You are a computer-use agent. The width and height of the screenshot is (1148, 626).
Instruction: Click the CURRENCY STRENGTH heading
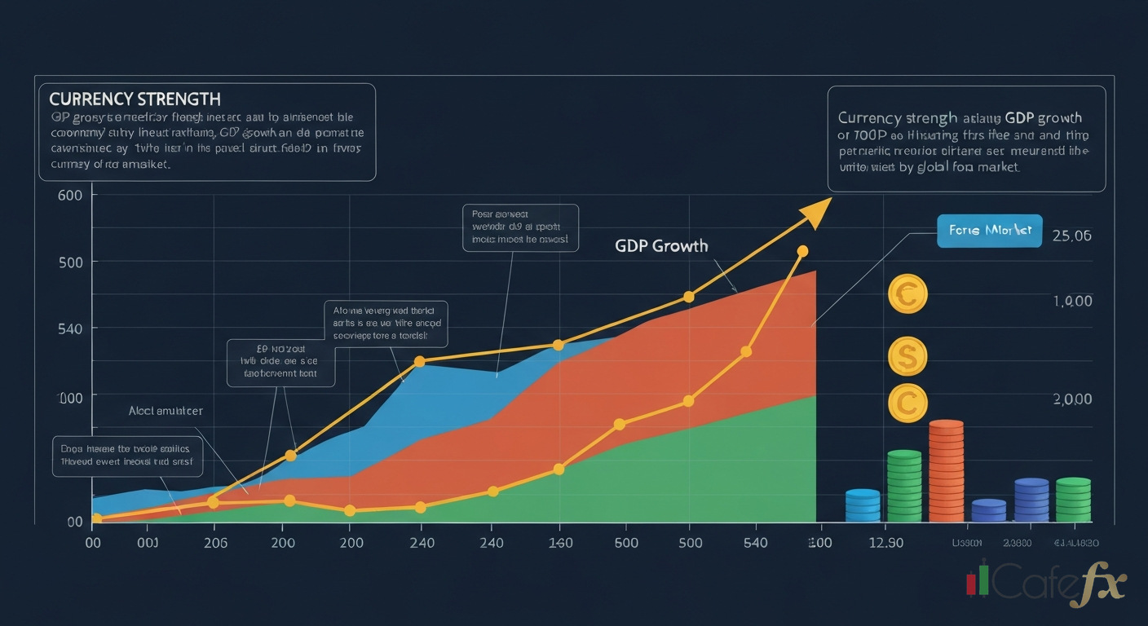point(135,99)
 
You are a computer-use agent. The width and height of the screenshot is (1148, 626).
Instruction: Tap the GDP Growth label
point(661,245)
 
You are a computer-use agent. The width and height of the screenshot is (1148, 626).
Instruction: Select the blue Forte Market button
point(990,231)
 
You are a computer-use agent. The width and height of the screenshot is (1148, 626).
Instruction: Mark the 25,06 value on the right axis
point(1071,236)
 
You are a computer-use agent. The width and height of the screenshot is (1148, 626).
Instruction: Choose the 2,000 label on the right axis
point(1071,399)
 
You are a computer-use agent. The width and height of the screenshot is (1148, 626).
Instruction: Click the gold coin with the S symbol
point(907,355)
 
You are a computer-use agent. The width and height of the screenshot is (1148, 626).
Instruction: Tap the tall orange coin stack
point(946,471)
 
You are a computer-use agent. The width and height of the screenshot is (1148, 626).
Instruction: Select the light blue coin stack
point(863,505)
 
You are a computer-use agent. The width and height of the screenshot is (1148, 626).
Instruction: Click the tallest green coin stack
point(904,486)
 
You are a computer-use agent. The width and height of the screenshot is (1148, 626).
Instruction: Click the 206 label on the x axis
point(214,543)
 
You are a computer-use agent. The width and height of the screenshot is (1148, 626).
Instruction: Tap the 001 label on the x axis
point(148,543)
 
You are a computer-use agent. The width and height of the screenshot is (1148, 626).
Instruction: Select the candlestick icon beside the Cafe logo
point(978,580)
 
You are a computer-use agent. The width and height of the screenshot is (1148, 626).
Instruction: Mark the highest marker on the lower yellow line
point(802,251)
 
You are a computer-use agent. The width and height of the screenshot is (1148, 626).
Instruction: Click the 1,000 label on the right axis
point(1071,301)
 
